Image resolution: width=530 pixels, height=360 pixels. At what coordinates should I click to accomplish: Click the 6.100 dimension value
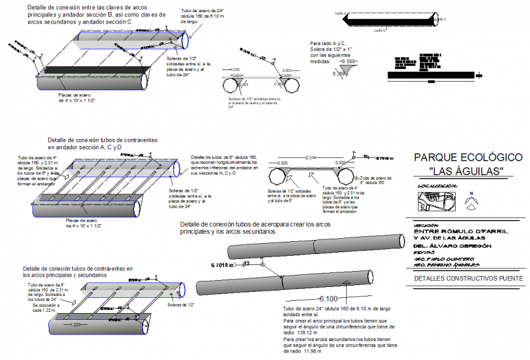328,298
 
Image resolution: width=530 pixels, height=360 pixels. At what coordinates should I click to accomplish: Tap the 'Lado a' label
341,12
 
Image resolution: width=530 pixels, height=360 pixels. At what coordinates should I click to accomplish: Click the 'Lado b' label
380,30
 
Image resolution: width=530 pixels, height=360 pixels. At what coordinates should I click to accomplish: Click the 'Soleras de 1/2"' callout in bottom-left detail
182,304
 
